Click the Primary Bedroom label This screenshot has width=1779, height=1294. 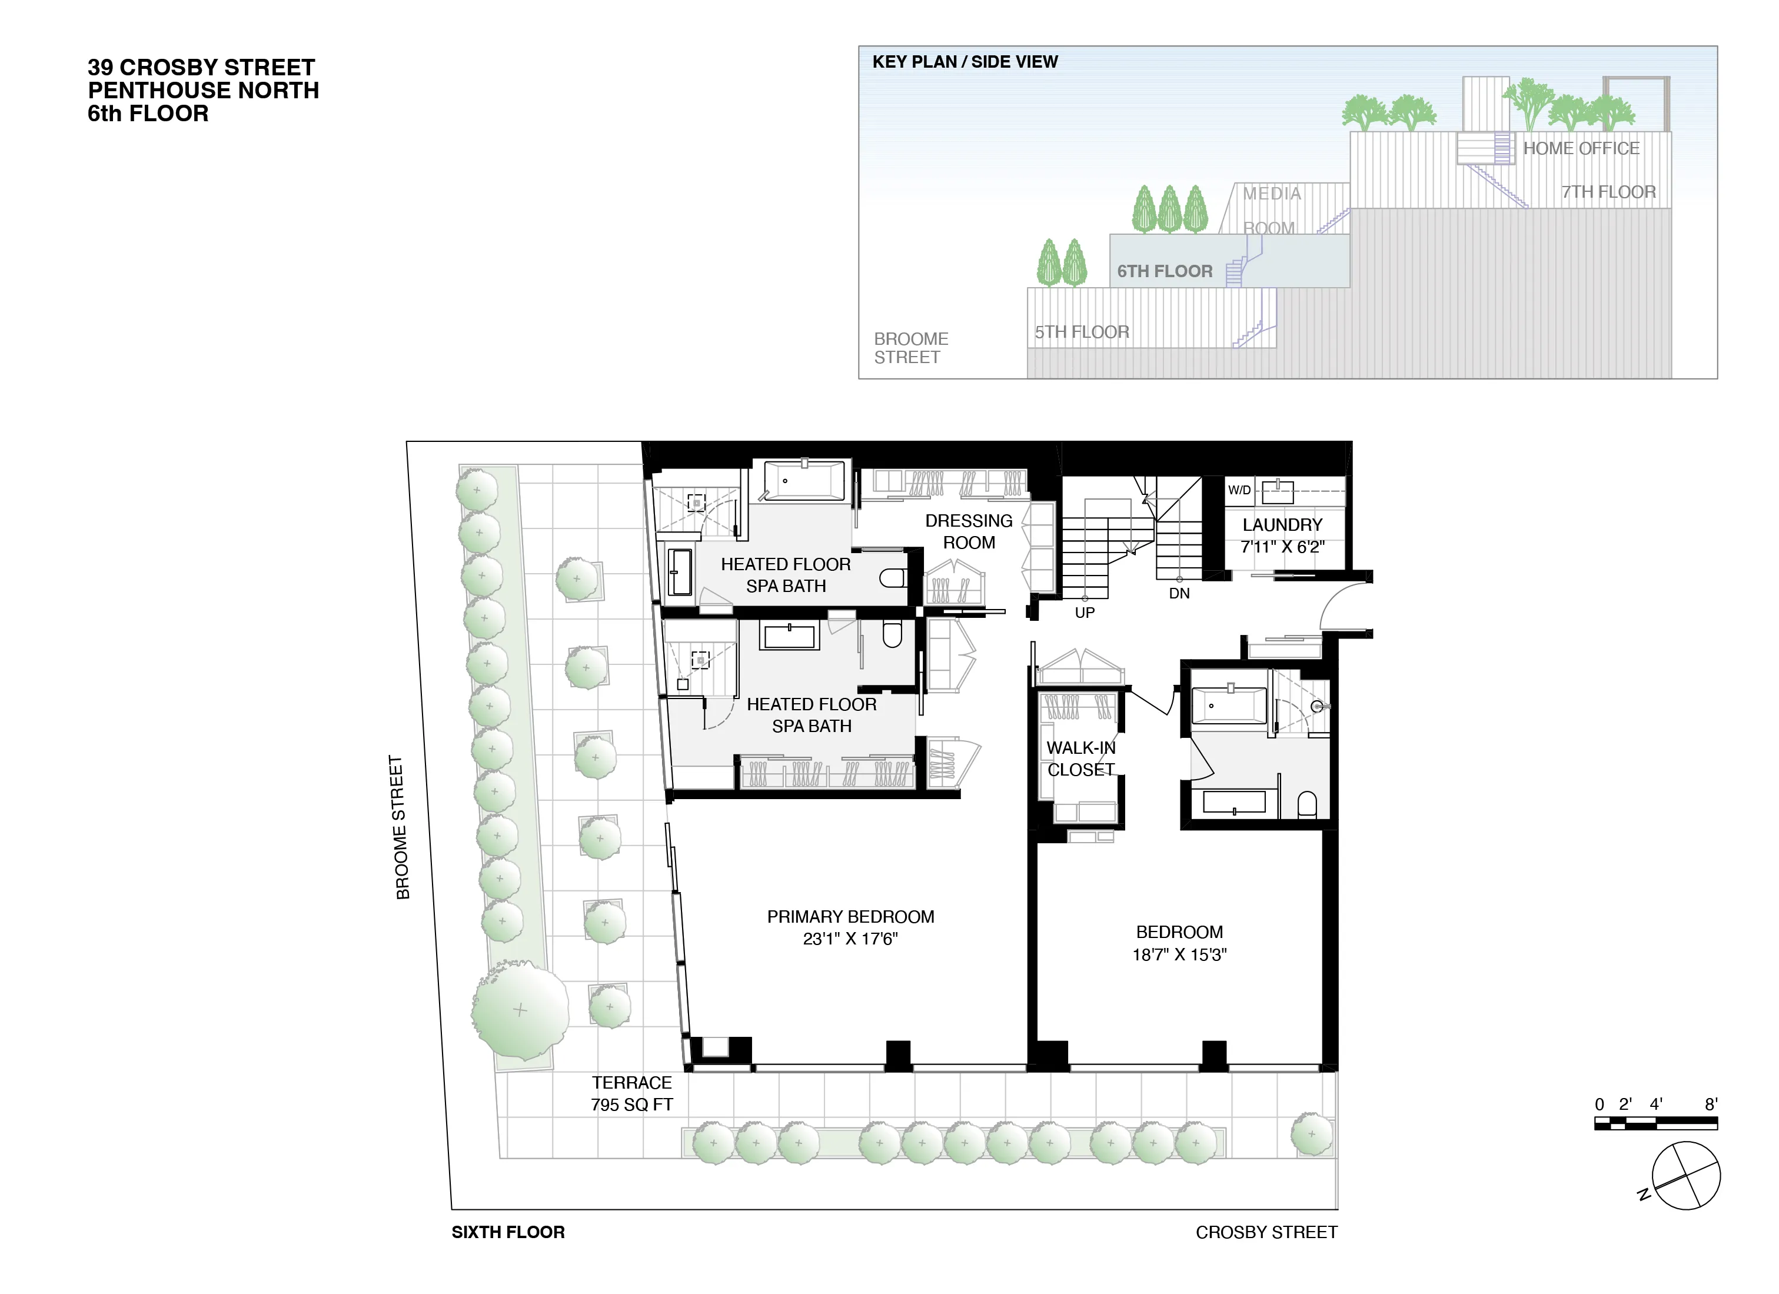coord(850,917)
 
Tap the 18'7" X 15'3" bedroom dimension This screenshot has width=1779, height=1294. coord(1179,954)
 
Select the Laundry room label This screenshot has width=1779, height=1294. coord(1282,525)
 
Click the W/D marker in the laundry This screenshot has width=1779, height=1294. coord(1239,490)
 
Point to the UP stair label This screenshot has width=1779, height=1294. coord(1084,613)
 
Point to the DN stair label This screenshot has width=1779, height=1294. coord(1179,594)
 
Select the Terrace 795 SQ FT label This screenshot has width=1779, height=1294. coord(631,1093)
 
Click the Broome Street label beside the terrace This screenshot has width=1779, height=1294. coord(400,827)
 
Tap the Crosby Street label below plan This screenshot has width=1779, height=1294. coord(1266,1232)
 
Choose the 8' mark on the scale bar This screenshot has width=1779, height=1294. coord(1711,1104)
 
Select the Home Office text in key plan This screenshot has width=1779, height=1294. coord(1581,148)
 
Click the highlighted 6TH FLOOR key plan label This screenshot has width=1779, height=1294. coord(1164,271)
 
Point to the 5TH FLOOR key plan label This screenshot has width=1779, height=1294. coord(1082,332)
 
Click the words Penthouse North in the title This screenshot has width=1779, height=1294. coord(203,90)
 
